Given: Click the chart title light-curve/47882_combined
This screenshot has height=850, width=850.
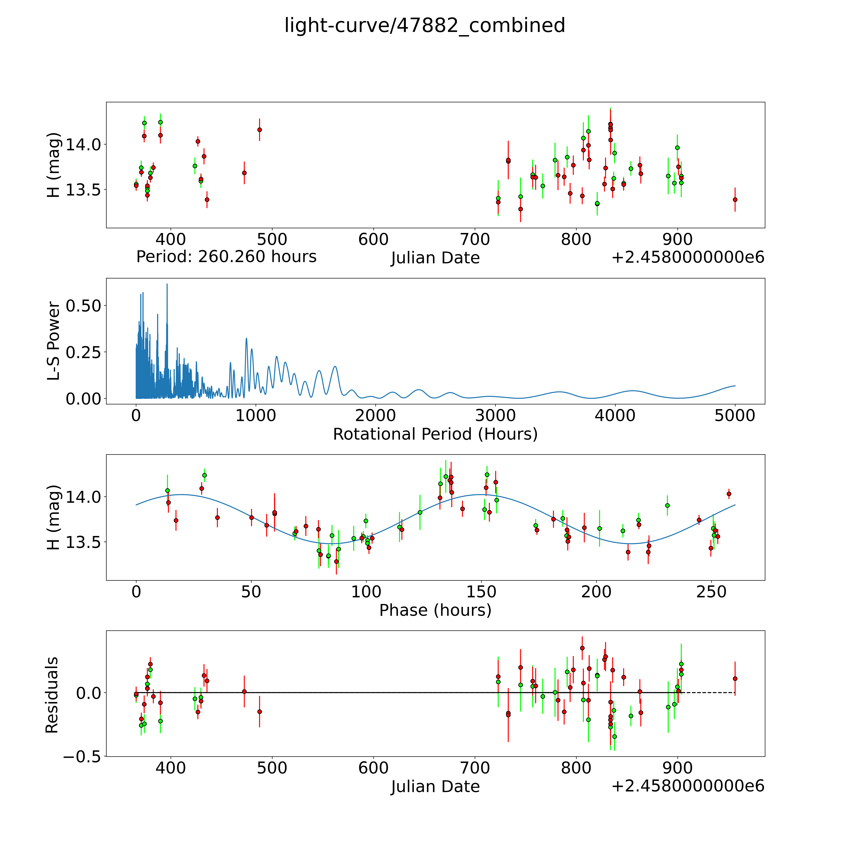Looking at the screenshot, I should pyautogui.click(x=425, y=25).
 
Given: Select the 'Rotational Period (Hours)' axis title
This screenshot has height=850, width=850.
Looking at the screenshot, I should pyautogui.click(x=435, y=434).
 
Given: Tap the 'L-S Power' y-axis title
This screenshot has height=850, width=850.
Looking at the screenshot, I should pyautogui.click(x=53, y=341).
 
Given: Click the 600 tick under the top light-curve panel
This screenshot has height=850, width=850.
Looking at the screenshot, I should pyautogui.click(x=374, y=240).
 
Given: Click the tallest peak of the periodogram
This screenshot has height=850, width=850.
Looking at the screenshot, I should pyautogui.click(x=167, y=285).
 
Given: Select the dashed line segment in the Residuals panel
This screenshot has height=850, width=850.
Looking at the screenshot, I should pyautogui.click(x=708, y=693).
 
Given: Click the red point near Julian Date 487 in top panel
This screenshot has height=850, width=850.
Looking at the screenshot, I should pyautogui.click(x=260, y=130).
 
